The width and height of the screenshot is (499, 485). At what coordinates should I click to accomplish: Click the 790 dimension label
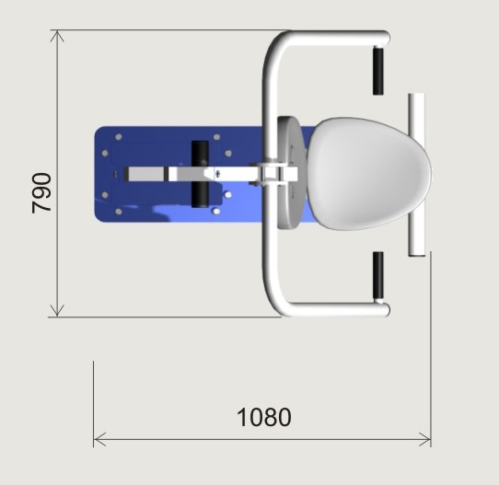coord(41,192)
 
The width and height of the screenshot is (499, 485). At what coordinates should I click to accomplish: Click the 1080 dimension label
coord(264,417)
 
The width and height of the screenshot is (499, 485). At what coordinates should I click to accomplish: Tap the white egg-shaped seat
coord(369,173)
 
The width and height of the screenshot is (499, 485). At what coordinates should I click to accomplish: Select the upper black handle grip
coord(378,71)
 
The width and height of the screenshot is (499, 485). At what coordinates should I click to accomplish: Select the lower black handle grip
coord(378,276)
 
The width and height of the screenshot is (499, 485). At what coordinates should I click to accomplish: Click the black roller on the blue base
coord(200,174)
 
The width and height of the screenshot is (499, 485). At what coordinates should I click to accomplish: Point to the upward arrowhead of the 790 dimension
coord(57,36)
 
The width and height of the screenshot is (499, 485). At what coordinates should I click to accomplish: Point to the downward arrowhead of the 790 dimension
coord(57,311)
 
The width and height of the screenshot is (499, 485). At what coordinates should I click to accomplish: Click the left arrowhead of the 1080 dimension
coord(99,440)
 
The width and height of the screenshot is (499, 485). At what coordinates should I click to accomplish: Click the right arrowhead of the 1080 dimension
coord(425,440)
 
